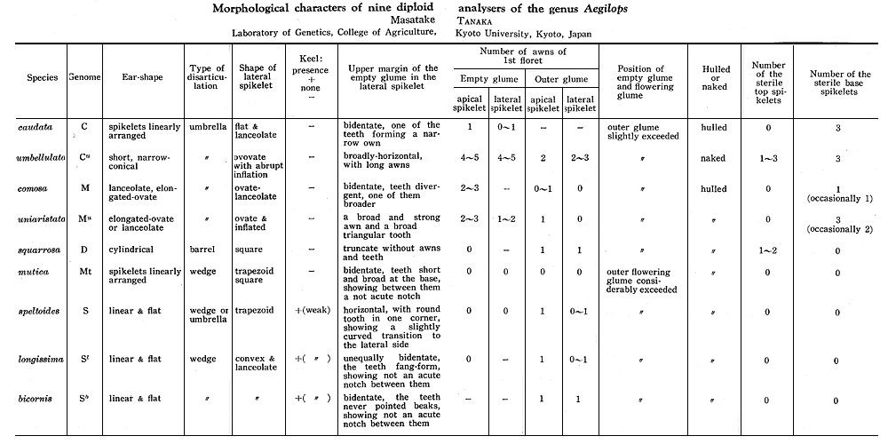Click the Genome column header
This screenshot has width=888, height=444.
[84, 78]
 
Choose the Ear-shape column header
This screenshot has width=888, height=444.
[140, 78]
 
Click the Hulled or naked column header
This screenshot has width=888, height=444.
[715, 78]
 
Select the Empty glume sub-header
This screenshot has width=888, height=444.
[487, 79]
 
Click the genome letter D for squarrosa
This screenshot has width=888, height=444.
[84, 250]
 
